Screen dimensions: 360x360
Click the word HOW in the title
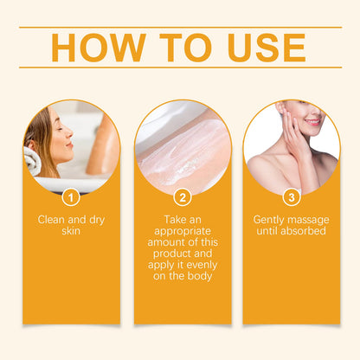pos(99,48)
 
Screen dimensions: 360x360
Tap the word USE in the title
pos(267,48)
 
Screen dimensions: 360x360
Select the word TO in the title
pos(186,48)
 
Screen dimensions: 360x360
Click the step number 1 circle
pos(71,197)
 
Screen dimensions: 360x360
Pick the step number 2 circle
pos(183,197)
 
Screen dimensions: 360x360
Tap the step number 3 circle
pos(292,197)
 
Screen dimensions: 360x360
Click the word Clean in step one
pos(51,220)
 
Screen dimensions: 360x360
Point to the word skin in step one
pos(71,231)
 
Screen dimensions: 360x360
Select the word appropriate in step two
pos(183,232)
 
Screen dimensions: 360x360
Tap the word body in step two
pos(200,276)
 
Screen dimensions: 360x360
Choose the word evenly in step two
pos(201,265)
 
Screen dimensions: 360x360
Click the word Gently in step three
pos(269,221)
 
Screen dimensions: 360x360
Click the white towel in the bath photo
pos(32,160)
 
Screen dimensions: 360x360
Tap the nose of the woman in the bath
pos(69,132)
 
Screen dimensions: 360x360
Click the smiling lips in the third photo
pos(312,122)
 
